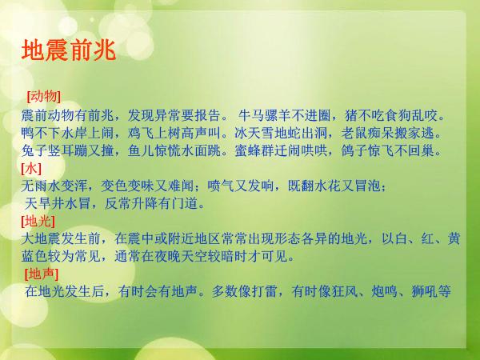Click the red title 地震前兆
tap(69, 50)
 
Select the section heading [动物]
tap(43, 97)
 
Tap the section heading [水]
tap(31, 168)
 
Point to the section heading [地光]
tap(38, 221)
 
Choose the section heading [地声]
tap(41, 274)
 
